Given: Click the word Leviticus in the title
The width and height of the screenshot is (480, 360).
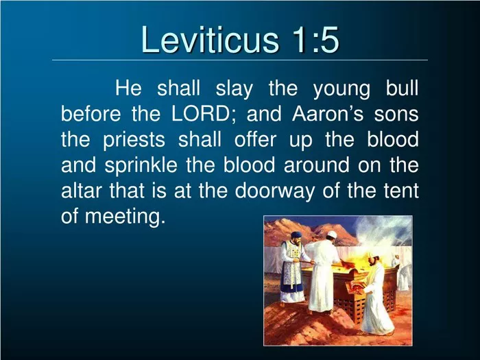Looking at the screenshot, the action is pos(210,39).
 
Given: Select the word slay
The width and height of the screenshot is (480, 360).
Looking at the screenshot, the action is pos(235,88).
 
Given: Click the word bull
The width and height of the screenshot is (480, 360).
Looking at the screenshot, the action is pos(402,88).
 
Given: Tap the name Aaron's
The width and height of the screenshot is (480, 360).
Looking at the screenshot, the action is pos(328,114).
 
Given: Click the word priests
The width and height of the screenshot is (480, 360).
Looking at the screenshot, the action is pos(134,140).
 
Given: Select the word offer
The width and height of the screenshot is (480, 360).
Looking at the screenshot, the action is pos(255,139).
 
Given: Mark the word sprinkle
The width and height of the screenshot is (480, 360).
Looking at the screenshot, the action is pos(141,166).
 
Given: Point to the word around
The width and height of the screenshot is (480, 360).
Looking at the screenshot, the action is pos(317,165).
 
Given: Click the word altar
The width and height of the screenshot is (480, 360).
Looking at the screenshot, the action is pos(81,191).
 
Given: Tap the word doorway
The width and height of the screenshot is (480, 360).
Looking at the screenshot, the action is pos(274,191).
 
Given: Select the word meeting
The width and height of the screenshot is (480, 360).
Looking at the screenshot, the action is pos(123,217).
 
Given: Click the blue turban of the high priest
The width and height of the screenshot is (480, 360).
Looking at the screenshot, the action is pos(296,235).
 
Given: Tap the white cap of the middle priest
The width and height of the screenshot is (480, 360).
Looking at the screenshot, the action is pos(331,235).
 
